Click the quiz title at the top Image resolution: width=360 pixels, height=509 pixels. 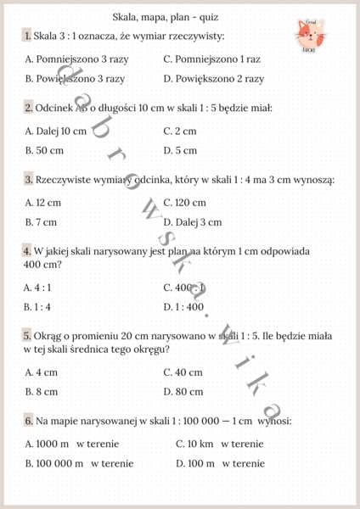click(170, 16)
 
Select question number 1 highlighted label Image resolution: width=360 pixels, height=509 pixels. click(28, 36)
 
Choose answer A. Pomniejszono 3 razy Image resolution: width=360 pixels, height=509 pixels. click(75, 59)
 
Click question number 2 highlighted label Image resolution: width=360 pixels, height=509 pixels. click(28, 108)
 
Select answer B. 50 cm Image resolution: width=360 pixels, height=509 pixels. click(44, 150)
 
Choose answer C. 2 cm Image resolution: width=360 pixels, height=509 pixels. click(179, 131)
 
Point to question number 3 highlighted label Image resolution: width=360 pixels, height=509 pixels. click(28, 180)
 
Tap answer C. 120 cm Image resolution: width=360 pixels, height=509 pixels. click(184, 204)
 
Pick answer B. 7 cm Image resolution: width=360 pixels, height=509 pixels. click(41, 222)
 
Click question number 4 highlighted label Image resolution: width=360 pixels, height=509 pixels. click(28, 252)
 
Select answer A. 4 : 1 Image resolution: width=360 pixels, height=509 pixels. click(37, 288)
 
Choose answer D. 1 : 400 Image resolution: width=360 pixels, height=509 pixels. click(184, 307)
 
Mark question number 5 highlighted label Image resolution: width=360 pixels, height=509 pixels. click(28, 337)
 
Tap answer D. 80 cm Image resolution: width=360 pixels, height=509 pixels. click(183, 392)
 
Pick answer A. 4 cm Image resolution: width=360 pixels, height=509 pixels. click(41, 372)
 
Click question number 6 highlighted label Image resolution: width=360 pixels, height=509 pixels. click(28, 421)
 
